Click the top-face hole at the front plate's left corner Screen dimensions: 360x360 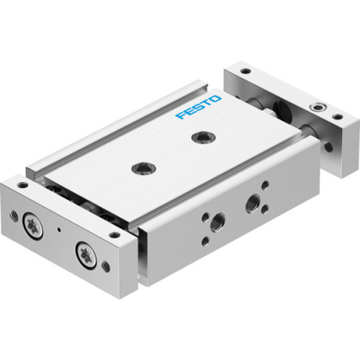pyautogui.click(x=23, y=185)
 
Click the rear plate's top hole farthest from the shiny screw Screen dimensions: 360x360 pyautogui.click(x=246, y=71)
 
